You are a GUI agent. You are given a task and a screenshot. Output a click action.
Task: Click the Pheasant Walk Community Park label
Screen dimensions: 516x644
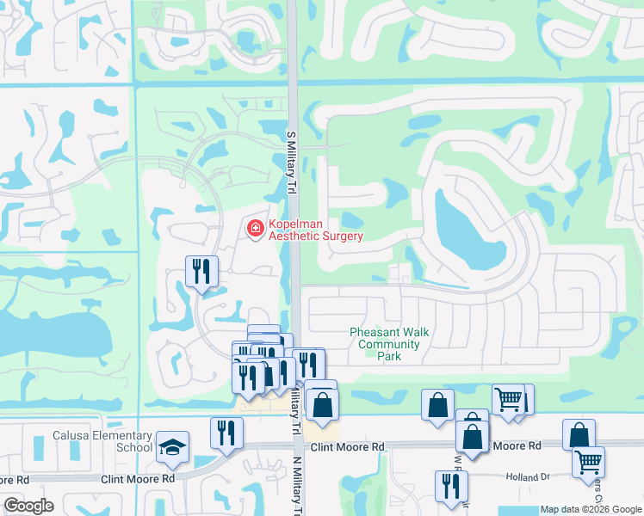[389, 344]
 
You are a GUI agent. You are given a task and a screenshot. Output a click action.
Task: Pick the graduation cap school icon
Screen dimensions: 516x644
[172, 446]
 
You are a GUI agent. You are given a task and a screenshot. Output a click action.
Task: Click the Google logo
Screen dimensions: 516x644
[28, 506]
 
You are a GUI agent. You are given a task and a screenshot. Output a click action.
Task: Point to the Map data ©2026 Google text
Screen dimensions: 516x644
[590, 509]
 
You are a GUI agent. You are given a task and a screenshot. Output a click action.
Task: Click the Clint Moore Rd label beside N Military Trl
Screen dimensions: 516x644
[347, 447]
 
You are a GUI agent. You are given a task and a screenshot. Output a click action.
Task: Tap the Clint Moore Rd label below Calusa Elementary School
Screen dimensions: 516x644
[137, 478]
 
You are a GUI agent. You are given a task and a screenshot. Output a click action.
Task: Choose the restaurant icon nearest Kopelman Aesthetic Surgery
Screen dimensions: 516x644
[201, 272]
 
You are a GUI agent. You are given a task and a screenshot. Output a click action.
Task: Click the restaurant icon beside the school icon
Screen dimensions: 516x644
[226, 433]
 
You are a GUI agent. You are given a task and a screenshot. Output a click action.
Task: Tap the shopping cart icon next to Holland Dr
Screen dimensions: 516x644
[588, 462]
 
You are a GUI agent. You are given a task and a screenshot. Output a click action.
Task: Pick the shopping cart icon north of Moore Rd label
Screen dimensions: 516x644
[508, 399]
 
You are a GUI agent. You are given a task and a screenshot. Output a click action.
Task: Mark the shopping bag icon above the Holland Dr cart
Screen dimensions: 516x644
[579, 435]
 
